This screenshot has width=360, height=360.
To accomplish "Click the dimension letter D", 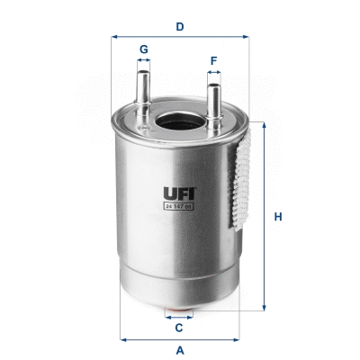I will point(180,26).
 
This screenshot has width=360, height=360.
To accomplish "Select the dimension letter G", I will point(142,49).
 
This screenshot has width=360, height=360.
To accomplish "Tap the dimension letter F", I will point(213,62).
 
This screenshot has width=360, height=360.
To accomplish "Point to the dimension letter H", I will point(279,217).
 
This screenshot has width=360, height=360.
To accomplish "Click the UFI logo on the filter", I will point(179,193).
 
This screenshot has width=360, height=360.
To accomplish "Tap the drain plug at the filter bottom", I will point(179,314).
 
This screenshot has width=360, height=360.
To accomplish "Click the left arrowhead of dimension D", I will point(114,38).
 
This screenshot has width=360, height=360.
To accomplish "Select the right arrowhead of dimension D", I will point(246,38).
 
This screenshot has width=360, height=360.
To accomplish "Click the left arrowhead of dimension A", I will point(121,339).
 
